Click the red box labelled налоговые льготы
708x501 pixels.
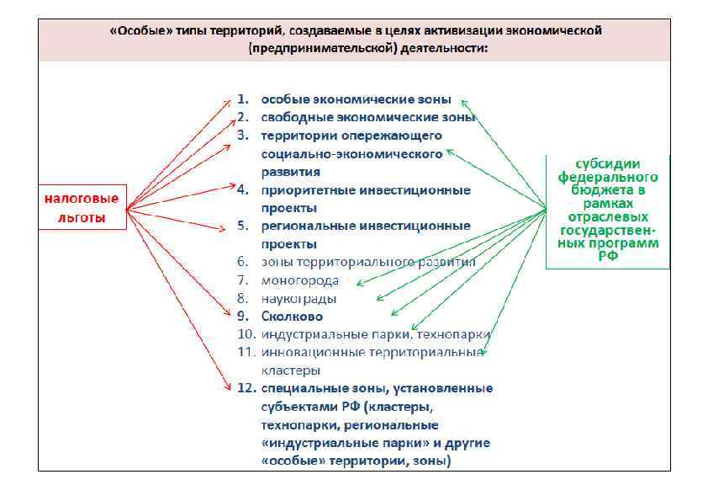82,207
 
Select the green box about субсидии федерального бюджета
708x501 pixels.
608,211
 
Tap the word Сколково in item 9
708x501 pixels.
292,317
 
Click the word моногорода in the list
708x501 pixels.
300,280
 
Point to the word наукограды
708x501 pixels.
299,298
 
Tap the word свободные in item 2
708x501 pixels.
294,117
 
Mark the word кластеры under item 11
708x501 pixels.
290,370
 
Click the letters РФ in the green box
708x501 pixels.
608,256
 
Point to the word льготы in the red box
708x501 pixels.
82,217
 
